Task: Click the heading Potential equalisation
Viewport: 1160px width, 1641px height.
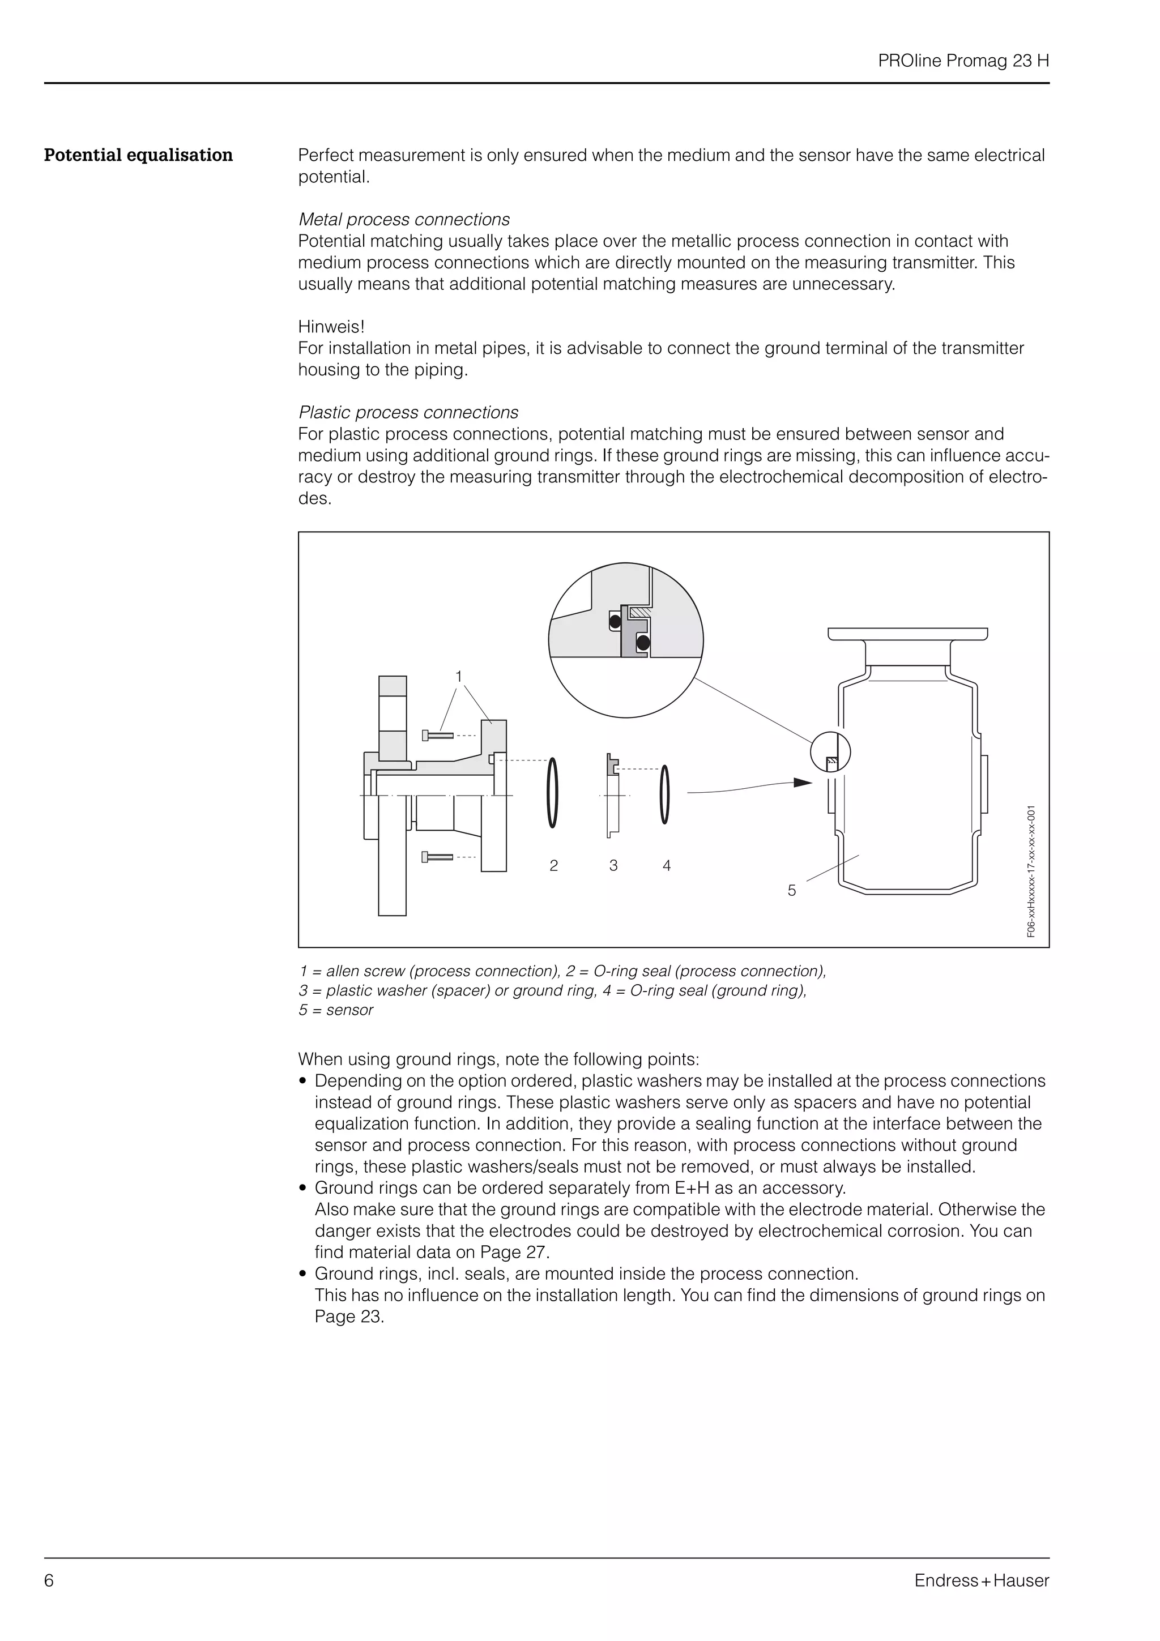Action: coord(138,155)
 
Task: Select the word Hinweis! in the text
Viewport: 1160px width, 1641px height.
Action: coord(331,327)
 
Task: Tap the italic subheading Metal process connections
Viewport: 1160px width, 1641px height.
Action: coord(404,219)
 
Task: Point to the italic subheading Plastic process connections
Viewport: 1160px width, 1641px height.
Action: coord(408,412)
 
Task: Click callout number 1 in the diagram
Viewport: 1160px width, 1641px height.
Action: coord(459,676)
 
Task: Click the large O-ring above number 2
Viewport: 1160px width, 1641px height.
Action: coord(552,792)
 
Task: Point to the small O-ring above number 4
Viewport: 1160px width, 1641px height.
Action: coord(666,794)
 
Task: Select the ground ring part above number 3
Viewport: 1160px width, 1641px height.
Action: coord(612,793)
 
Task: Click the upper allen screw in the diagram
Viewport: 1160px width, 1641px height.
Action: coord(437,735)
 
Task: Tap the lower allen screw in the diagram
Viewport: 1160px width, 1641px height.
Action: coord(437,856)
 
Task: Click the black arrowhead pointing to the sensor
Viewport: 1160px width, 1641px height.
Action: coord(803,782)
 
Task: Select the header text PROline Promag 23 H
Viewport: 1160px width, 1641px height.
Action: coord(963,61)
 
